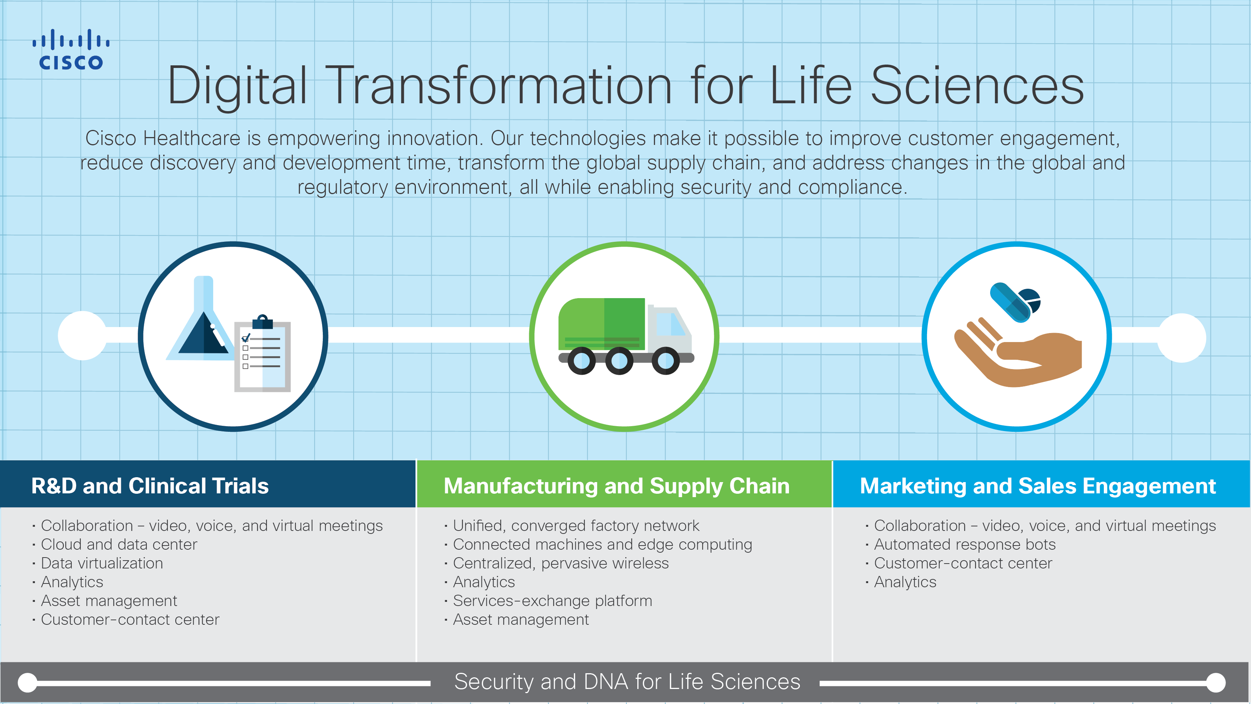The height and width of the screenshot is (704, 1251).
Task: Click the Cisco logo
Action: pyautogui.click(x=71, y=50)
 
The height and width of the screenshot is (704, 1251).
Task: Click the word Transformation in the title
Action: pyautogui.click(x=499, y=86)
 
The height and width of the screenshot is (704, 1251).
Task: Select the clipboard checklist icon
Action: pyautogui.click(x=262, y=356)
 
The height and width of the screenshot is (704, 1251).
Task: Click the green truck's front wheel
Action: pyautogui.click(x=665, y=361)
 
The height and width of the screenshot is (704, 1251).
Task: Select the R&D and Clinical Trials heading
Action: pyautogui.click(x=150, y=486)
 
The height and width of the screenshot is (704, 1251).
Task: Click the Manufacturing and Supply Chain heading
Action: pyautogui.click(x=616, y=486)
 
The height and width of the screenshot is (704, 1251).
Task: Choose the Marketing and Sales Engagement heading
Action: pyautogui.click(x=1037, y=486)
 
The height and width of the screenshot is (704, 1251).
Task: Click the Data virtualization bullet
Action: pyautogui.click(x=102, y=563)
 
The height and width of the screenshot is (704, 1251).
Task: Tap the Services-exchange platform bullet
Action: pyautogui.click(x=552, y=601)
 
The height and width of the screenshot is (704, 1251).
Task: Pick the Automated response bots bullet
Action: pyautogui.click(x=965, y=545)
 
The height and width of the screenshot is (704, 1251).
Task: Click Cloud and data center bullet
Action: pyautogui.click(x=119, y=545)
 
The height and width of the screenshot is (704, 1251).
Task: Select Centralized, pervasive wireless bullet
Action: pyautogui.click(x=560, y=563)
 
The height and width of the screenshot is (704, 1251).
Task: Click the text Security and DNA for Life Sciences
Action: pyautogui.click(x=626, y=681)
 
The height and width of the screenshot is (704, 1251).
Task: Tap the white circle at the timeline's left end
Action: pyautogui.click(x=83, y=336)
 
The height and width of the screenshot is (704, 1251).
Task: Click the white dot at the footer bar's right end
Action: pyautogui.click(x=1216, y=683)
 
